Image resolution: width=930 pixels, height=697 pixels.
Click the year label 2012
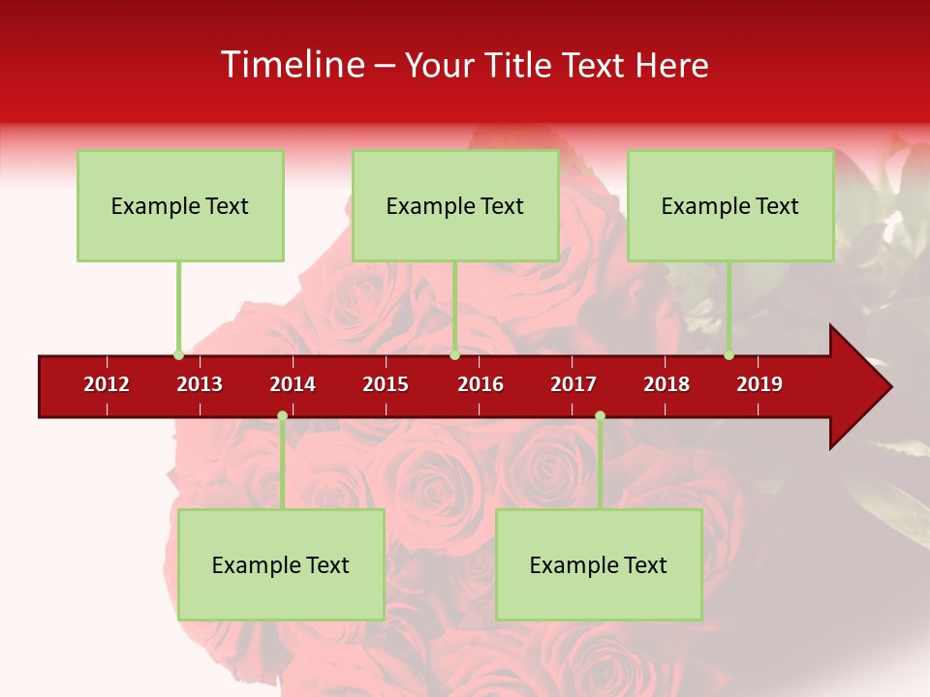click(x=107, y=384)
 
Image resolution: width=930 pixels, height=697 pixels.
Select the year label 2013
click(x=200, y=384)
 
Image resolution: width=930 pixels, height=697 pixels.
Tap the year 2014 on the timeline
click(x=293, y=384)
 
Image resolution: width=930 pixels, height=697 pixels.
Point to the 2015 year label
click(x=386, y=384)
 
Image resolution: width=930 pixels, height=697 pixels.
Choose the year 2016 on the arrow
click(x=480, y=384)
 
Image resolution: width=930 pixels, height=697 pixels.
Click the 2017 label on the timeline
click(x=573, y=384)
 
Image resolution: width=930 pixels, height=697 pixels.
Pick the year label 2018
click(x=666, y=384)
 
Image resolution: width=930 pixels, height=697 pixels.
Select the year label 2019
click(x=759, y=384)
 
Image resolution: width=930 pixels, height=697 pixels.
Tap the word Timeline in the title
click(x=292, y=65)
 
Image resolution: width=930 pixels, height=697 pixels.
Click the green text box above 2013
click(x=180, y=205)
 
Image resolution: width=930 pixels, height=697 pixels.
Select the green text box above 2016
click(x=455, y=205)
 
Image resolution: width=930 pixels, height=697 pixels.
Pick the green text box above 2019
click(x=730, y=205)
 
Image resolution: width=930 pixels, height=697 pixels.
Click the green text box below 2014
click(x=281, y=564)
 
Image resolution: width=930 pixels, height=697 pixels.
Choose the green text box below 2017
click(x=599, y=564)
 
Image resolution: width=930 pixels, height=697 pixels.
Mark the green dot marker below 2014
click(x=282, y=415)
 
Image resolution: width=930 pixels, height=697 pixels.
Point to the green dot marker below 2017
click(x=600, y=415)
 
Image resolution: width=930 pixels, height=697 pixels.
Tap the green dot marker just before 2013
click(x=178, y=354)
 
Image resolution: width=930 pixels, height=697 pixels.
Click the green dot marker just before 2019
click(x=728, y=354)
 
